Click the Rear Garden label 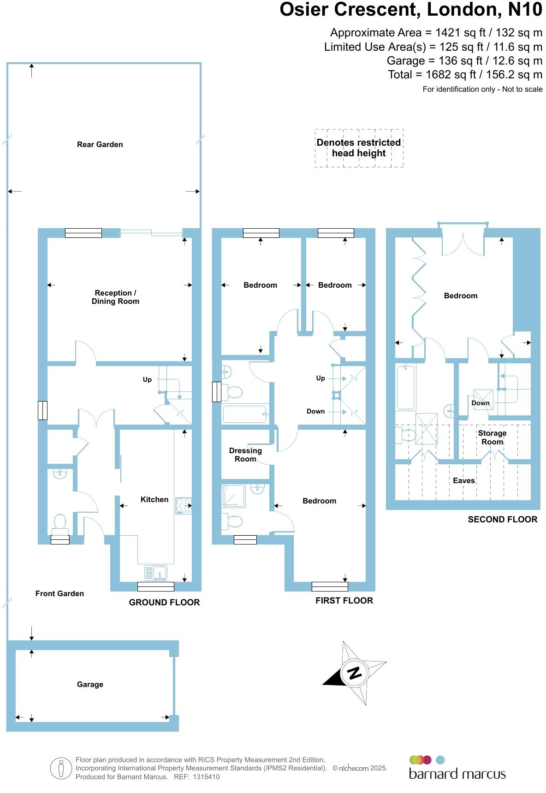(x=100, y=144)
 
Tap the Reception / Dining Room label (x=115, y=297)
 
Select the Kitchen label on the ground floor (x=154, y=499)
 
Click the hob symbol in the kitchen (x=183, y=506)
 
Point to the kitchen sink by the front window (x=155, y=573)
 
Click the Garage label (x=90, y=684)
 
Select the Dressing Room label (x=245, y=455)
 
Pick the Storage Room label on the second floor (x=492, y=437)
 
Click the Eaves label (x=463, y=480)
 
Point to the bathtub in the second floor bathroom (x=406, y=386)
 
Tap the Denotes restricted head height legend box (x=359, y=148)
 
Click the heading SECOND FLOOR (x=502, y=519)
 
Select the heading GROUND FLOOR (x=164, y=602)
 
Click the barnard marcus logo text (x=457, y=774)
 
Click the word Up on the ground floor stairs (x=147, y=379)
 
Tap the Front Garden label (x=59, y=593)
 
